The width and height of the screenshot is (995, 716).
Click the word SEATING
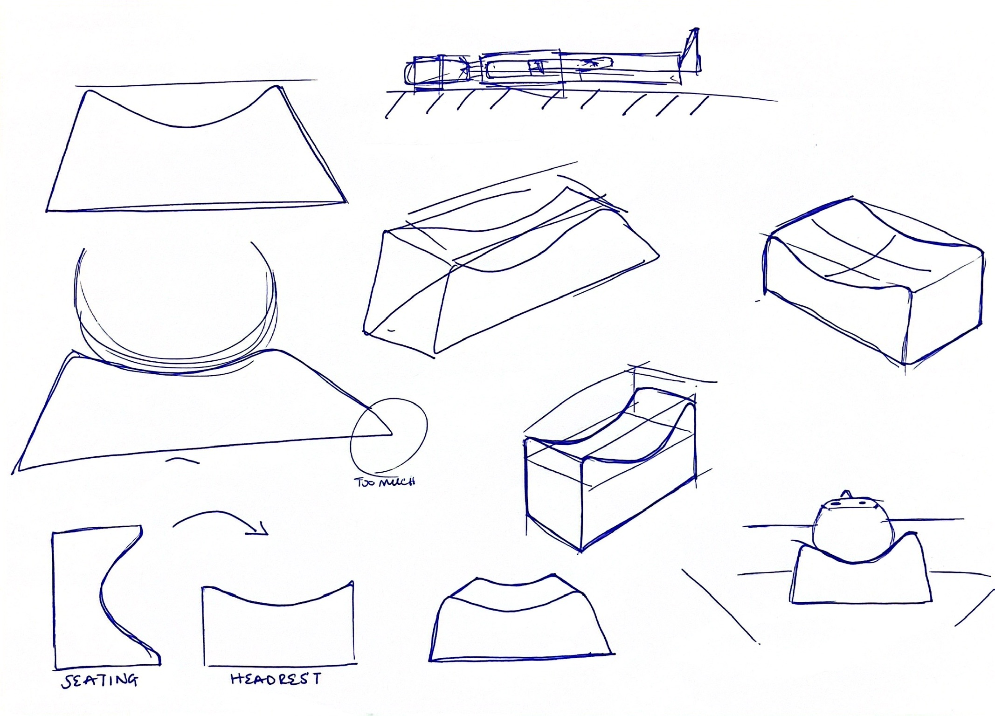pos(100,680)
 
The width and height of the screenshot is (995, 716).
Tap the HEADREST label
pos(276,679)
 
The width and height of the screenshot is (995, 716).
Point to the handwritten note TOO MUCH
pos(385,482)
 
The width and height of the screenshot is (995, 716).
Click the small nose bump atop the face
pos(846,494)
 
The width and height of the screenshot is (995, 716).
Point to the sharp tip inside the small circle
pos(392,434)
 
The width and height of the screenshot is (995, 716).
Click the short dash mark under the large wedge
pos(183,461)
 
